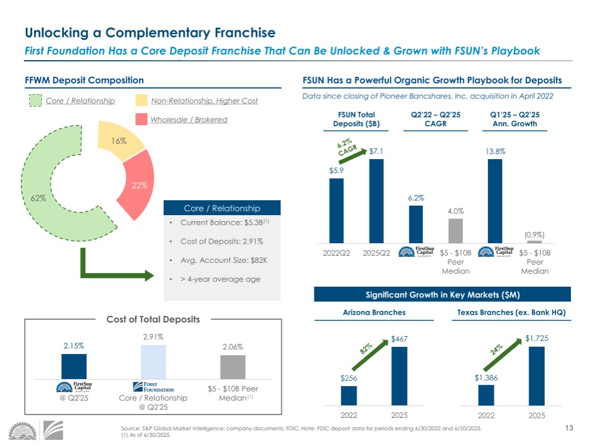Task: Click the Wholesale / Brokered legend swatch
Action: (142, 120)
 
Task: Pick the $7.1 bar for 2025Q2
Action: (376, 201)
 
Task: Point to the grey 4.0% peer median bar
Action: (455, 231)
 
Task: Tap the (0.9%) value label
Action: (535, 234)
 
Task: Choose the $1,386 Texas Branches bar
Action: (486, 395)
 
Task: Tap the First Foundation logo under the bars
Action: (153, 386)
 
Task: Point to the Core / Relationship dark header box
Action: (221, 208)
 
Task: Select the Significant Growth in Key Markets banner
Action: (442, 294)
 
